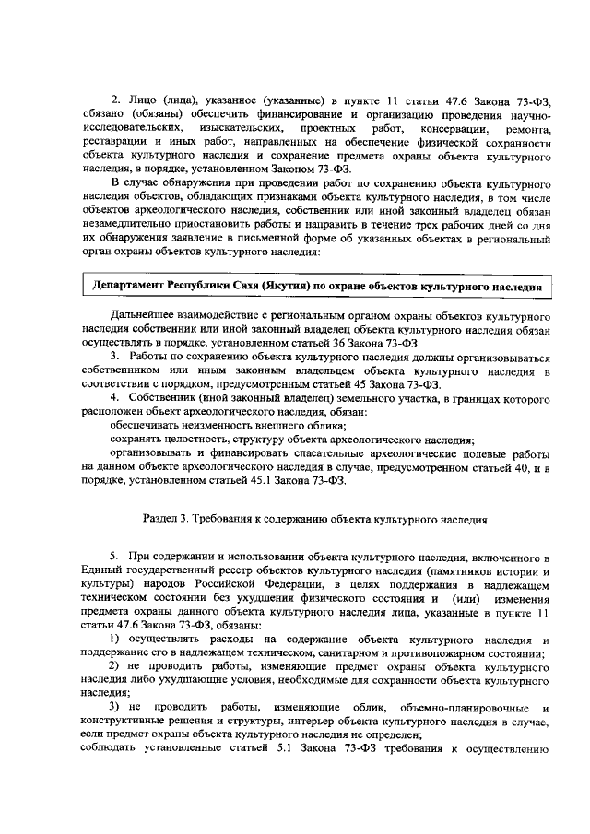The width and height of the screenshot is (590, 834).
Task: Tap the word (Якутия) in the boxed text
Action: (273, 287)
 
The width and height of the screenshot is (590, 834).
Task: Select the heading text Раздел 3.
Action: (171, 519)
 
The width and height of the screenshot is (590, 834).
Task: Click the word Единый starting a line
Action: (101, 572)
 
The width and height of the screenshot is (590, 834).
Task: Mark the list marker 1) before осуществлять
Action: (116, 640)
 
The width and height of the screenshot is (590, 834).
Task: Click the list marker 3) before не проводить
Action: (116, 707)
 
